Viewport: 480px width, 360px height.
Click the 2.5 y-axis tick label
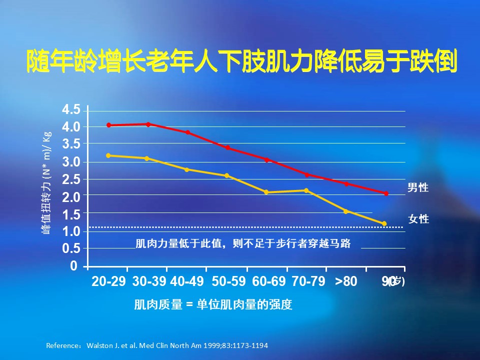coord(70,179)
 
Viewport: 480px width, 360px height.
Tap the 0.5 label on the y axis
coord(70,248)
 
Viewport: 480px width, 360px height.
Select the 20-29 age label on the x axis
coord(109,281)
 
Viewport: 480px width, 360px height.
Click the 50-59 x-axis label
coord(228,281)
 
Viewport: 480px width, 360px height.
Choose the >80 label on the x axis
coord(346,281)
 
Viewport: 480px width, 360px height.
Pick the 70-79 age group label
coord(308,281)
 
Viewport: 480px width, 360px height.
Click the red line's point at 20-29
coord(109,125)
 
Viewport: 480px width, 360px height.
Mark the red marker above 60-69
coord(266,160)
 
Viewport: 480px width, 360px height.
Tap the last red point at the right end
coord(386,193)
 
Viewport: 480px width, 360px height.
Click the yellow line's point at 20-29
coord(109,155)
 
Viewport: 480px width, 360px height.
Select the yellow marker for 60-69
coord(266,192)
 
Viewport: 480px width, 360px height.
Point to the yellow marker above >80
coord(345,211)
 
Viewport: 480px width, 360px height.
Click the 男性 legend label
coord(418,187)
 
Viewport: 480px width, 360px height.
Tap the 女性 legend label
coord(418,219)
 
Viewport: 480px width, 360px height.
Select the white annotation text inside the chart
coord(243,244)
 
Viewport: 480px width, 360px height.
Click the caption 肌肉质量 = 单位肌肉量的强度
coord(212,304)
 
